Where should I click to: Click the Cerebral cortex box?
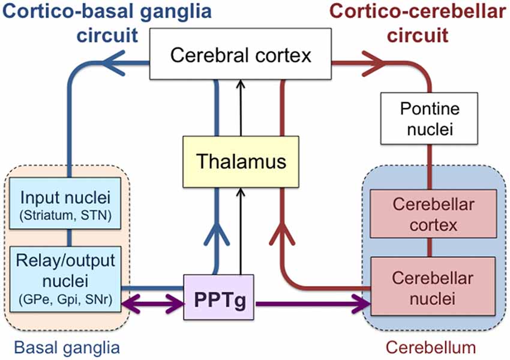(x=241, y=56)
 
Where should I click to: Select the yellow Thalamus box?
(x=240, y=162)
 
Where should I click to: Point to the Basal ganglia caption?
(x=67, y=347)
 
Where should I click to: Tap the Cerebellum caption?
(x=430, y=347)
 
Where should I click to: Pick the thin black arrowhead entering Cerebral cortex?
(x=240, y=83)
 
